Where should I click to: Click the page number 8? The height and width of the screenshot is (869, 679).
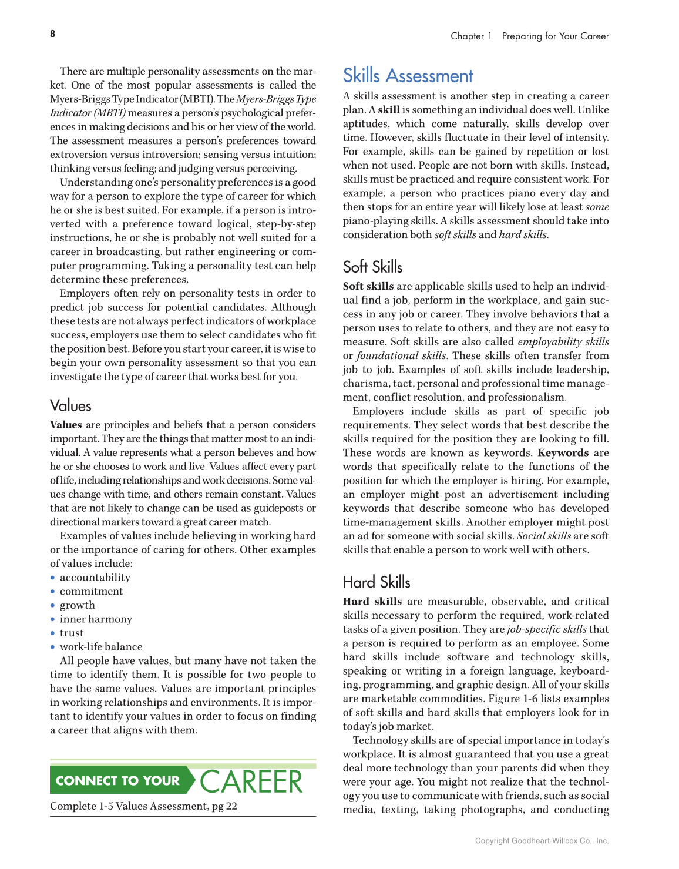[x=53, y=34]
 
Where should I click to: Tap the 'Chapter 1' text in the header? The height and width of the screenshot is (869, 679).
[x=471, y=36]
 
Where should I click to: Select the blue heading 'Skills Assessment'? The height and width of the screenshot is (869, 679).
[x=408, y=76]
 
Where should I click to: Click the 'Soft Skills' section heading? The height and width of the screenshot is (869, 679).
[x=372, y=267]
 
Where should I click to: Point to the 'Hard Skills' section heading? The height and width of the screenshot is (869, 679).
[x=377, y=582]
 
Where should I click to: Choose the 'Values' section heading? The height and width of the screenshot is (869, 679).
[x=70, y=406]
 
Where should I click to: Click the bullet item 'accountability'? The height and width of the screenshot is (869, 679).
[x=95, y=578]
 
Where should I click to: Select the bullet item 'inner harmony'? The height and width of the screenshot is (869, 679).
[x=96, y=619]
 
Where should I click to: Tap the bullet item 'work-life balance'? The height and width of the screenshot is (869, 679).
[x=101, y=647]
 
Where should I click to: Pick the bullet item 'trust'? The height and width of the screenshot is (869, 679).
[x=72, y=633]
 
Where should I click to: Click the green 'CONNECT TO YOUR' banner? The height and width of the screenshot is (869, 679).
[x=118, y=781]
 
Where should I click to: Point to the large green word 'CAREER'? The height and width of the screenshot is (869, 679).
[x=251, y=781]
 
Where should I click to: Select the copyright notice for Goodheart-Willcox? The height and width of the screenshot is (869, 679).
[x=542, y=841]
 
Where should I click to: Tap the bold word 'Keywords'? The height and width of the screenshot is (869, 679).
[x=563, y=453]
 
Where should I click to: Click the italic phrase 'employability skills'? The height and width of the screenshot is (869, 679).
[x=563, y=342]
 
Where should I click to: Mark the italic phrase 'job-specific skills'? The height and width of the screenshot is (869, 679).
[x=546, y=629]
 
